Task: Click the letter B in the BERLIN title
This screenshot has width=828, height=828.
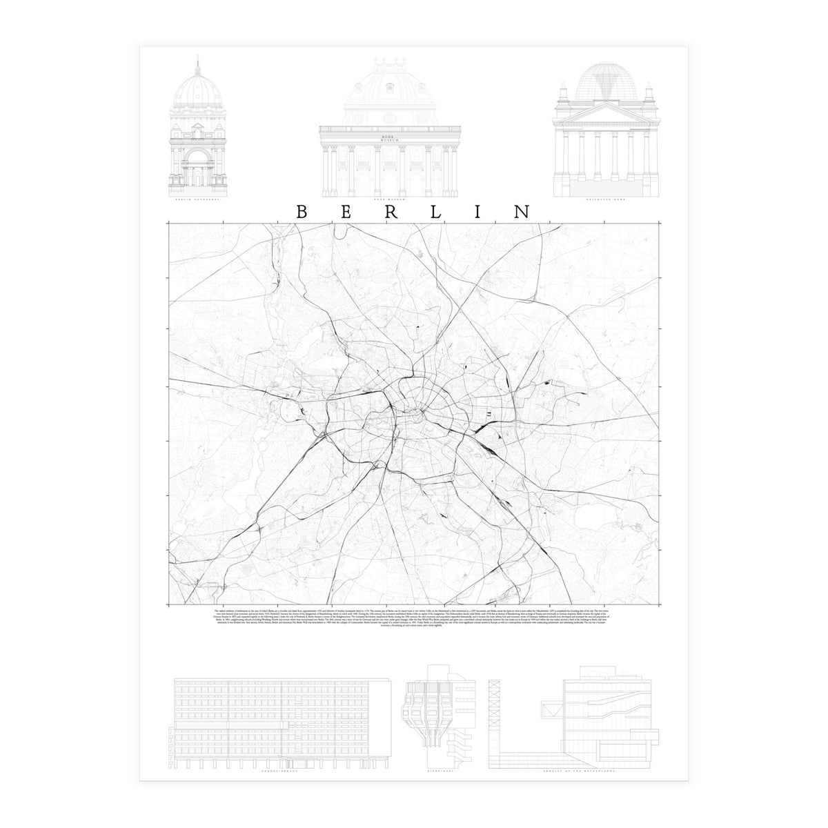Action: [302, 212]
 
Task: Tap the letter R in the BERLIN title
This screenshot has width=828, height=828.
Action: [391, 212]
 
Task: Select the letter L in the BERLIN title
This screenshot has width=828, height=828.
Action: [436, 212]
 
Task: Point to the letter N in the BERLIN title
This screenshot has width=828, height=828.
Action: [522, 212]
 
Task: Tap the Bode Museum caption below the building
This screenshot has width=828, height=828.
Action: [390, 197]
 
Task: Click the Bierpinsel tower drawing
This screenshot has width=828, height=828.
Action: [438, 711]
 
